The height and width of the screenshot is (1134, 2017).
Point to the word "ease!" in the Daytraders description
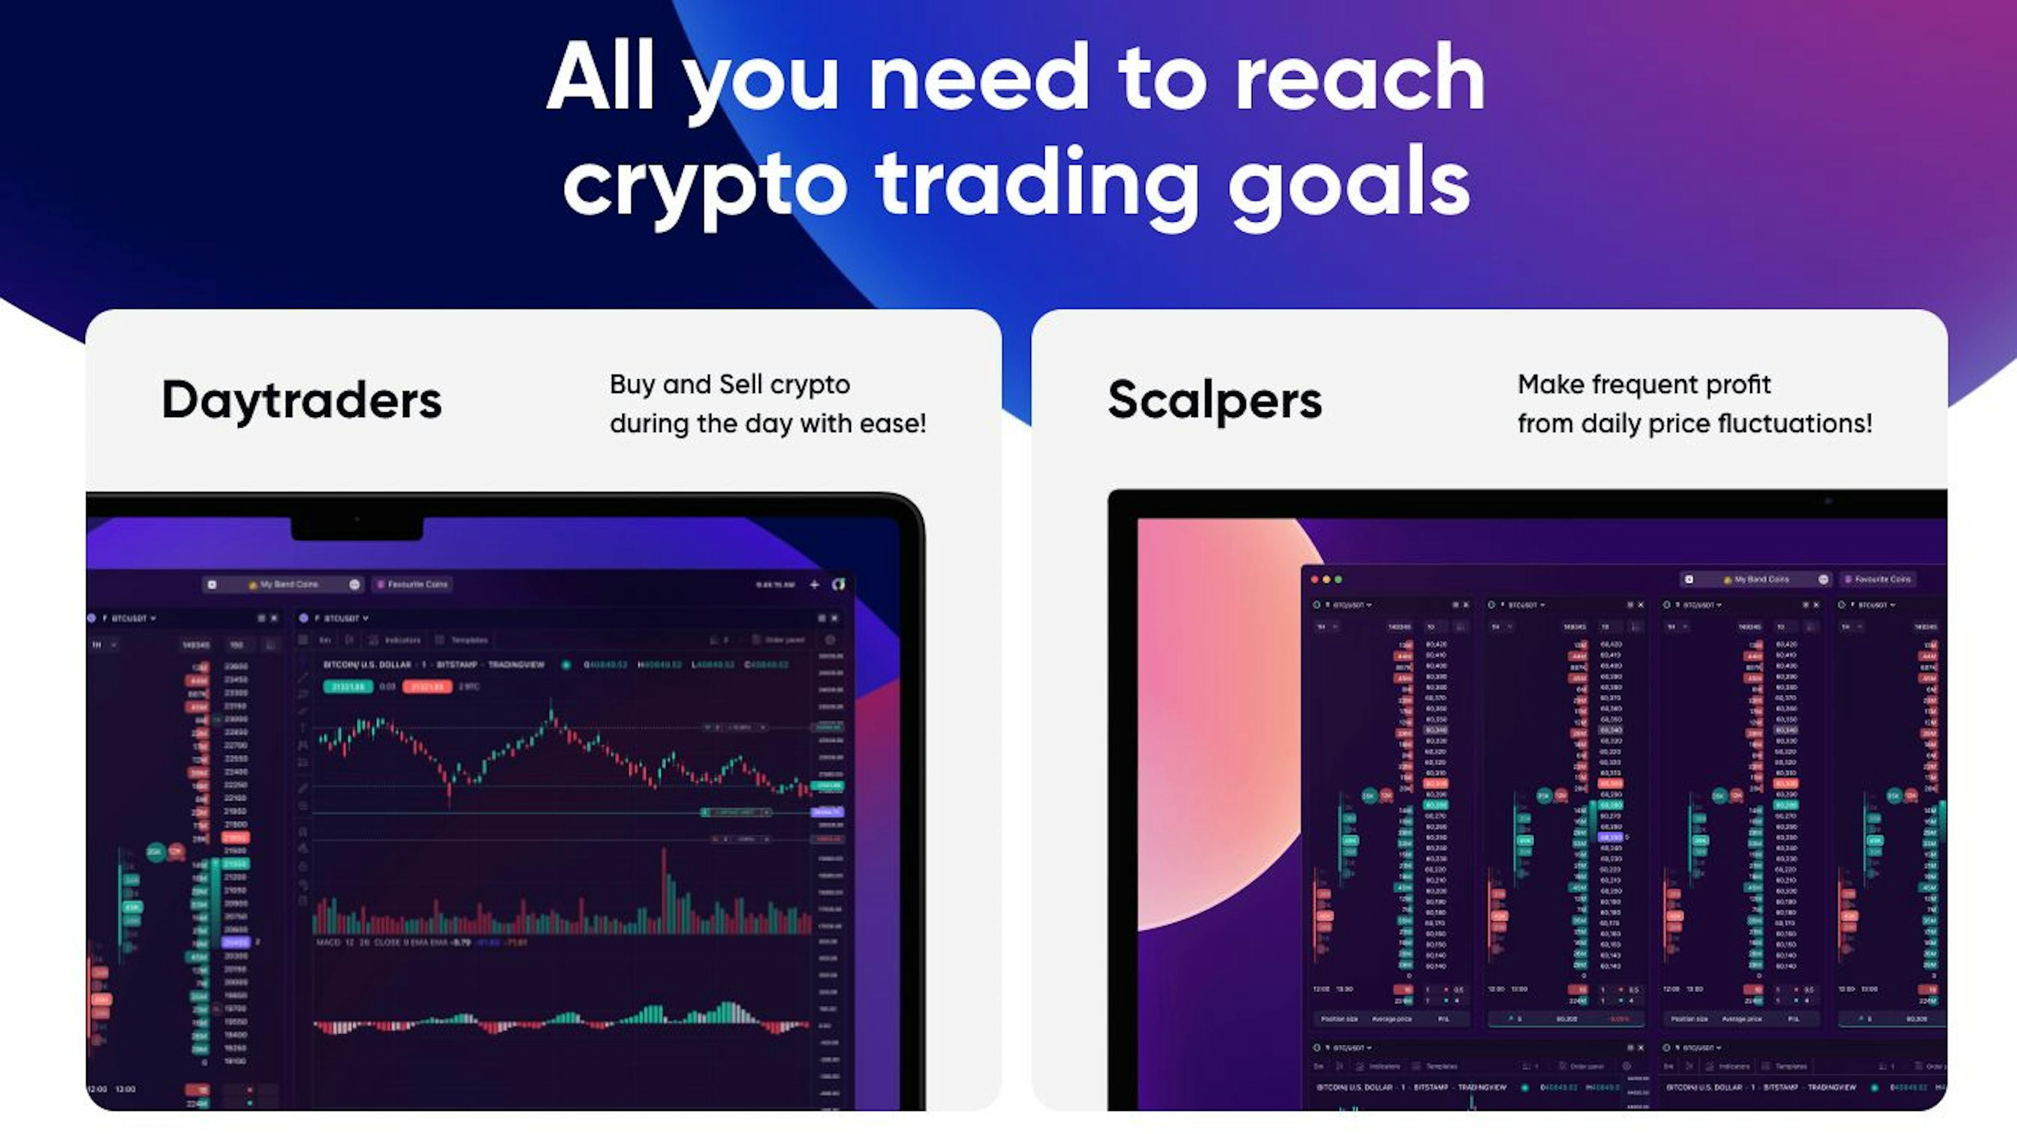(x=892, y=424)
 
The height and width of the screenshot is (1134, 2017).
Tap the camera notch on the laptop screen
(x=357, y=526)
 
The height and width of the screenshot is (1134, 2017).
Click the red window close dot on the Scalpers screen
(x=1315, y=579)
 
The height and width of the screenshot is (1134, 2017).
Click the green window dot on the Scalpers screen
(x=1338, y=579)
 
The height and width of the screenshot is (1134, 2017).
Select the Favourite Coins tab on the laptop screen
(x=413, y=584)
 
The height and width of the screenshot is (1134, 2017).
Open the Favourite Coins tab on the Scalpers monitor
(x=1878, y=579)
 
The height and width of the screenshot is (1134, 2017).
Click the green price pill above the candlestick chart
(x=348, y=687)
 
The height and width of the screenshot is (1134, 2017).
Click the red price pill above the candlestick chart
(x=427, y=687)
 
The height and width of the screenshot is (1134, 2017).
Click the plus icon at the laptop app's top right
(x=814, y=584)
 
